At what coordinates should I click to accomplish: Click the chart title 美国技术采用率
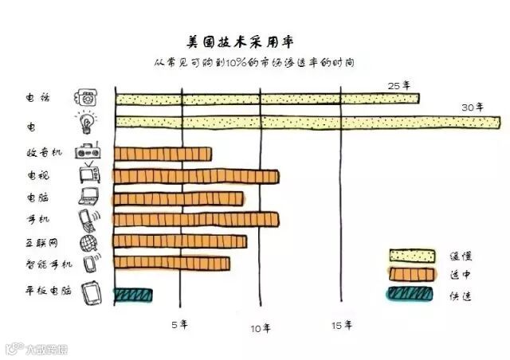tap(231, 39)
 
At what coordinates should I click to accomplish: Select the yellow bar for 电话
tap(267, 98)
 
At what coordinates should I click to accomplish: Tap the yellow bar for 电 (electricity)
tap(308, 121)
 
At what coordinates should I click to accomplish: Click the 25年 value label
tap(398, 84)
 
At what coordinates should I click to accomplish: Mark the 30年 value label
tap(473, 107)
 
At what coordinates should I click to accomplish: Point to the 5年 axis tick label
tap(180, 324)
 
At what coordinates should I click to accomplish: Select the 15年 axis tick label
tap(343, 324)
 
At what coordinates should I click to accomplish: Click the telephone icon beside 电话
tap(86, 98)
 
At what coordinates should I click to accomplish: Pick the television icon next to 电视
tap(88, 174)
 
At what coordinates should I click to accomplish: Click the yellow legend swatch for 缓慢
tap(412, 255)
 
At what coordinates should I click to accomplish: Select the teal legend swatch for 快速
tap(412, 294)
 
